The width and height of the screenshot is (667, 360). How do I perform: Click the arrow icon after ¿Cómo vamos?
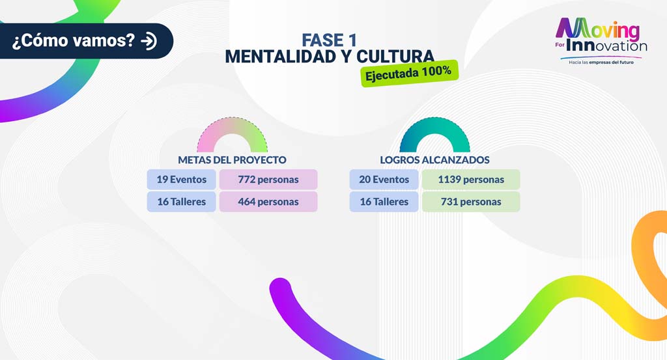(x=149, y=41)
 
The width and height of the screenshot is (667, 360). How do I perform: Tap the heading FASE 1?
(x=329, y=40)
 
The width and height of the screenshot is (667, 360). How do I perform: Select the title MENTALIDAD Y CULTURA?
(x=330, y=57)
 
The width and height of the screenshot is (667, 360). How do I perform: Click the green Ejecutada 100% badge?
(x=409, y=73)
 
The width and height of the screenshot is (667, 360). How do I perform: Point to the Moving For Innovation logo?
(x=601, y=41)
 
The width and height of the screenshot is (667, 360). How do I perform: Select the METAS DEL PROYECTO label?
(x=233, y=159)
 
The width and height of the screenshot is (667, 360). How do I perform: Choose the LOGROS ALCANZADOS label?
(x=434, y=159)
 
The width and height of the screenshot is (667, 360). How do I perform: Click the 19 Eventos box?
(x=182, y=180)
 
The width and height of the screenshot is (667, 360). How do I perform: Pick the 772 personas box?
(x=268, y=180)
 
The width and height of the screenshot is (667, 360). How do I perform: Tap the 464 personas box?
(x=268, y=201)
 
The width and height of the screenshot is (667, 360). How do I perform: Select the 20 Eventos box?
(x=384, y=180)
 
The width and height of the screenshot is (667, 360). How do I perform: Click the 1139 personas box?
(x=471, y=180)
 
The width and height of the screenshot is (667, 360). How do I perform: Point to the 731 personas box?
(x=471, y=201)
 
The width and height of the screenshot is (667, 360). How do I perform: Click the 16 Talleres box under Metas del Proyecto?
(x=182, y=201)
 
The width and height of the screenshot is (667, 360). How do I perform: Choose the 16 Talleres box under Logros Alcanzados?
(x=384, y=201)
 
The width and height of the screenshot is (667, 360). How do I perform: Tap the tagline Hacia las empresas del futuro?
(x=601, y=62)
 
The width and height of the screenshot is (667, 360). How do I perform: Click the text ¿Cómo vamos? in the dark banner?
(x=73, y=41)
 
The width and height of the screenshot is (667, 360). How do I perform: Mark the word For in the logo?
(x=560, y=45)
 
